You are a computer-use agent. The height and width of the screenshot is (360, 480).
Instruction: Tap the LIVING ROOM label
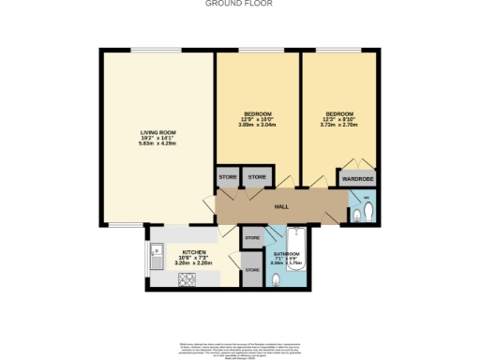tap(155, 132)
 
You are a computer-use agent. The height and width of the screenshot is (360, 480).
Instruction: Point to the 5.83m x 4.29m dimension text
tap(155, 143)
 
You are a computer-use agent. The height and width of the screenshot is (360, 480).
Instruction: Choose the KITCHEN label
tap(194, 252)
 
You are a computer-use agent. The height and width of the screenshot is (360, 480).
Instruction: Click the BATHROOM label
tap(286, 253)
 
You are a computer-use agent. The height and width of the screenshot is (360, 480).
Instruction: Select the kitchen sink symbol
tap(156, 253)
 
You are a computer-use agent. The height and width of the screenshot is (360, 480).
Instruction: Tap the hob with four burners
tap(185, 278)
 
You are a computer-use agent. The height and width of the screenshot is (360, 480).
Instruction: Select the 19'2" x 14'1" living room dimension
tap(155, 138)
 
